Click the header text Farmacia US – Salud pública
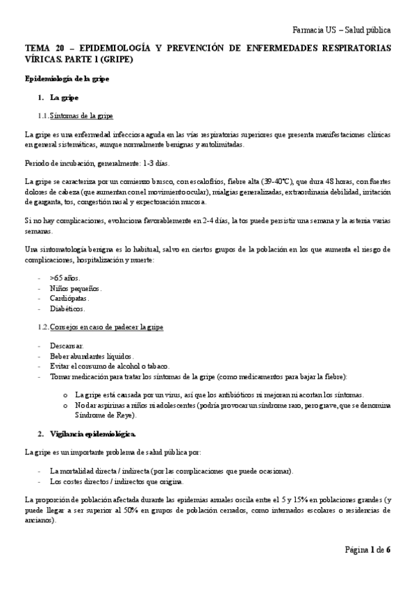(341, 31)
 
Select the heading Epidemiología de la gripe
(67, 78)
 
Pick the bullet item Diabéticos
(67, 308)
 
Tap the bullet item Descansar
(67, 345)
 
